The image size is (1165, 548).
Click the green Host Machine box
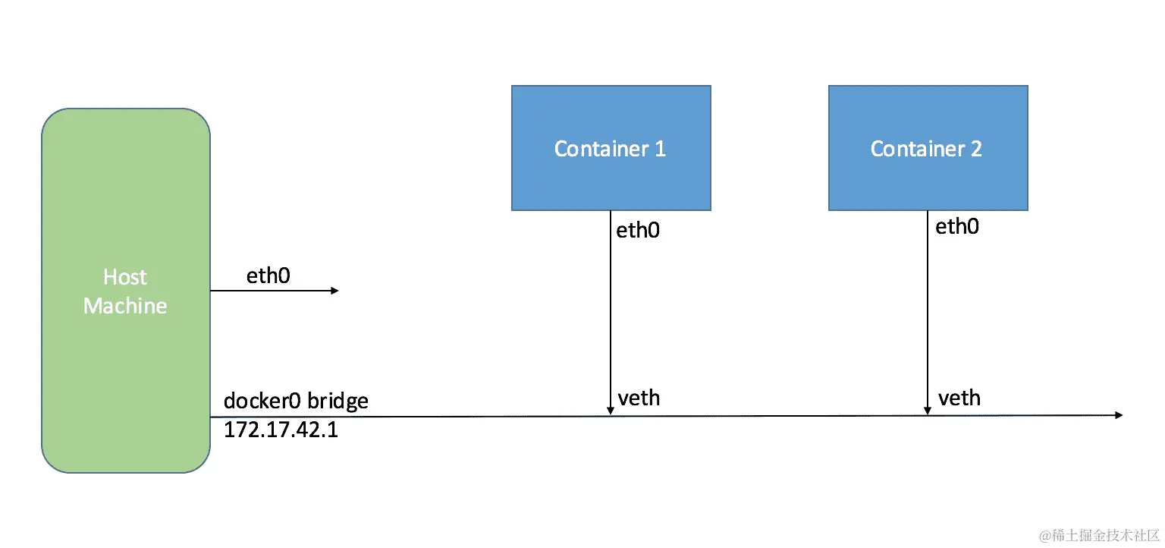(125, 364)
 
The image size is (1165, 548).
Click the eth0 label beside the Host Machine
(268, 276)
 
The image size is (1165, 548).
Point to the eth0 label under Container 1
(638, 230)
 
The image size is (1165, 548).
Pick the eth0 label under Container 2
(956, 226)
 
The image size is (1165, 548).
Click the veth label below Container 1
(639, 398)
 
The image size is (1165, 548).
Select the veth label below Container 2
(959, 398)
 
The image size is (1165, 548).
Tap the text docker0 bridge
(296, 401)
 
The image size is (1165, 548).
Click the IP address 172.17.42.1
(281, 431)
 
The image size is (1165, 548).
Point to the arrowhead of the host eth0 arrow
(334, 291)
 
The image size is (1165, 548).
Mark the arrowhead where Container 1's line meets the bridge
(611, 411)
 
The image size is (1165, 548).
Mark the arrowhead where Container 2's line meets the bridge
(927, 411)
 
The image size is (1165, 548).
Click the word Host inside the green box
(125, 277)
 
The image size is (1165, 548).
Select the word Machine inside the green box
(125, 306)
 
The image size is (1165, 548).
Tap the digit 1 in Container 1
(660, 149)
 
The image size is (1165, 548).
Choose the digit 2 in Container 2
(975, 149)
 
